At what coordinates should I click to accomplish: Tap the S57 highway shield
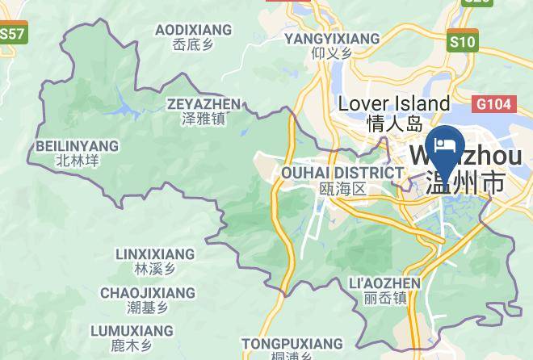(12, 35)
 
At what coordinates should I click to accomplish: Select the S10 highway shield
(463, 40)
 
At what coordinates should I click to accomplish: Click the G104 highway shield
(492, 104)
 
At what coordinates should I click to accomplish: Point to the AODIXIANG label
(193, 30)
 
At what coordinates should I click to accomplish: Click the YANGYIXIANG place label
(332, 38)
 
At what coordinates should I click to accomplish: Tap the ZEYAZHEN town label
(204, 104)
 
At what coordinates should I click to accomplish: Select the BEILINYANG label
(78, 146)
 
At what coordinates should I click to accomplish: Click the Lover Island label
(394, 103)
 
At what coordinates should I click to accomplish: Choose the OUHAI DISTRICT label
(342, 173)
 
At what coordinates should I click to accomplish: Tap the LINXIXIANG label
(155, 254)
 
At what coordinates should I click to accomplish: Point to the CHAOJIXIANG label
(148, 292)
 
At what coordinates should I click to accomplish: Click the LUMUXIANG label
(132, 331)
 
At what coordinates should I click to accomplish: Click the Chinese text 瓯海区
(342, 189)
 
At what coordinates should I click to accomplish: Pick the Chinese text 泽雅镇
(204, 119)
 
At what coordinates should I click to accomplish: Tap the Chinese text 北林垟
(78, 161)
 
